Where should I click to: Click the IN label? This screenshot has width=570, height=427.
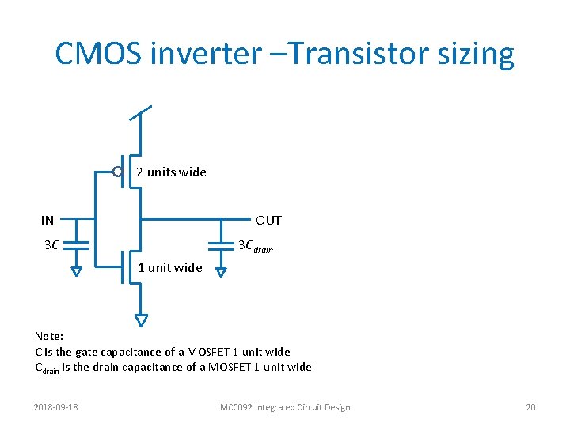pos(48,221)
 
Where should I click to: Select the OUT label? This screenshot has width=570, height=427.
pos(268,221)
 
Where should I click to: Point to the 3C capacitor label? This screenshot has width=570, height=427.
pos(51,245)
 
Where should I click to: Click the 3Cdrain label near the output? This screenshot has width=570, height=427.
pos(255,246)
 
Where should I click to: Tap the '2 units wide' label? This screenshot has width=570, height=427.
pos(171,172)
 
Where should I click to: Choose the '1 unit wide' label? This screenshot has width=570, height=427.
pos(170,267)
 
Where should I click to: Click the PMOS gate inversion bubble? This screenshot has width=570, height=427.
pos(117,172)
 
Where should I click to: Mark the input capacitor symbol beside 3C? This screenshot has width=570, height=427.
pos(76,244)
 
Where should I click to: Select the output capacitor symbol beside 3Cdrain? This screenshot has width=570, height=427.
pos(221,244)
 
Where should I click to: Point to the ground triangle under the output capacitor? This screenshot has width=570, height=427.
pos(221,272)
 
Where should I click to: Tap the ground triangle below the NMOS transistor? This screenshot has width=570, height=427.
pos(141,320)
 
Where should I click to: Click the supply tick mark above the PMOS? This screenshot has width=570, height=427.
pos(140,112)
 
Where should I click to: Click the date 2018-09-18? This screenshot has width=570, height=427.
pos(61,407)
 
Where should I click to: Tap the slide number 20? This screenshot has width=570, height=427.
pos(530,407)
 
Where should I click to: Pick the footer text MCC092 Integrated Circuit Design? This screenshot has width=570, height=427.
pos(285,407)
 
